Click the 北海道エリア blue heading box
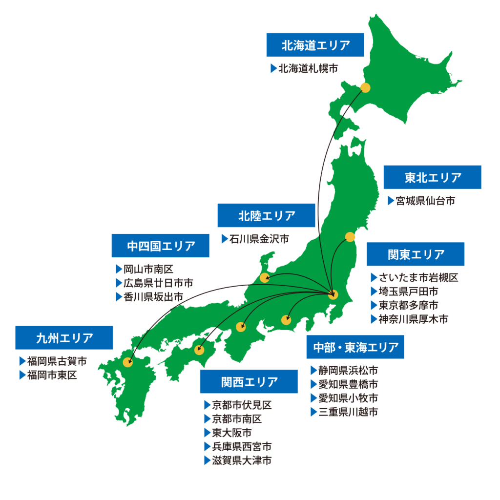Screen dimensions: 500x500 (315, 45)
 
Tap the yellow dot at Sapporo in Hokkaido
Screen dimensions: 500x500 (365, 88)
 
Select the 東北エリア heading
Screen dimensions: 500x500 (432, 177)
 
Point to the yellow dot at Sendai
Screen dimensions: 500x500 (350, 237)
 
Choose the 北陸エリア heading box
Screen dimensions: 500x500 (267, 215)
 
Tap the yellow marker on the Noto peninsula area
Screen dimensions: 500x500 (264, 278)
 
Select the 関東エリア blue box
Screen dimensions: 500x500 (416, 254)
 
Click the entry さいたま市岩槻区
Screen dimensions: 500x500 (418, 278)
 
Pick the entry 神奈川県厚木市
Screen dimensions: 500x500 (413, 319)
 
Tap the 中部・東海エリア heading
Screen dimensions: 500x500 (355, 347)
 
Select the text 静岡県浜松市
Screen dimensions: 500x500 (348, 371)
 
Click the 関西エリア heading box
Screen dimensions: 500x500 (249, 381)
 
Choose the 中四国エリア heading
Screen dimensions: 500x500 (161, 246)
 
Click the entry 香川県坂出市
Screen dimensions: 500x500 (153, 296)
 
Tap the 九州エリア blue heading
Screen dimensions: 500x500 (64, 337)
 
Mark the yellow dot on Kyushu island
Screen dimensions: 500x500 (128, 362)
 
